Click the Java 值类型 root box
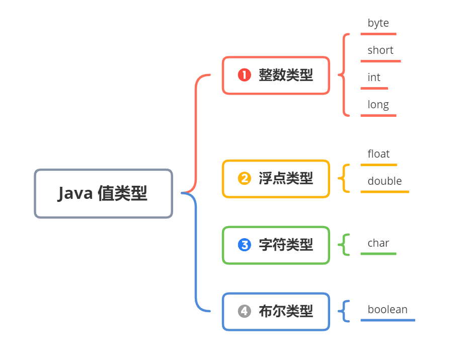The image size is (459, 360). point(103,193)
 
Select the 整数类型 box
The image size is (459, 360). point(276,76)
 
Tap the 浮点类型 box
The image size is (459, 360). point(276,178)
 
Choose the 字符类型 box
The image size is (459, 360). point(276,245)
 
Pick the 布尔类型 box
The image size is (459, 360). point(276,312)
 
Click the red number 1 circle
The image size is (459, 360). point(244,76)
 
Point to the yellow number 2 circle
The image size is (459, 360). point(244,178)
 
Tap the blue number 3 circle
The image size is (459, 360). point(244,245)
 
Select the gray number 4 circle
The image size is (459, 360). point(244,312)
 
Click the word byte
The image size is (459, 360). point(378,23)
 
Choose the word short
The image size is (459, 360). point(380,50)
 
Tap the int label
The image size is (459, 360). point(374,78)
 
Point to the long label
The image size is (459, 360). point(378,105)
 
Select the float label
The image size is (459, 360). point(378,154)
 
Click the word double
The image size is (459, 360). point(385,181)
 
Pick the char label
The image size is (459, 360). point(378,243)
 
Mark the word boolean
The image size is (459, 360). point(388,310)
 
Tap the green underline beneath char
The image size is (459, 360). point(378,254)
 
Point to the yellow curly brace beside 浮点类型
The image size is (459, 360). point(344,178)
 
